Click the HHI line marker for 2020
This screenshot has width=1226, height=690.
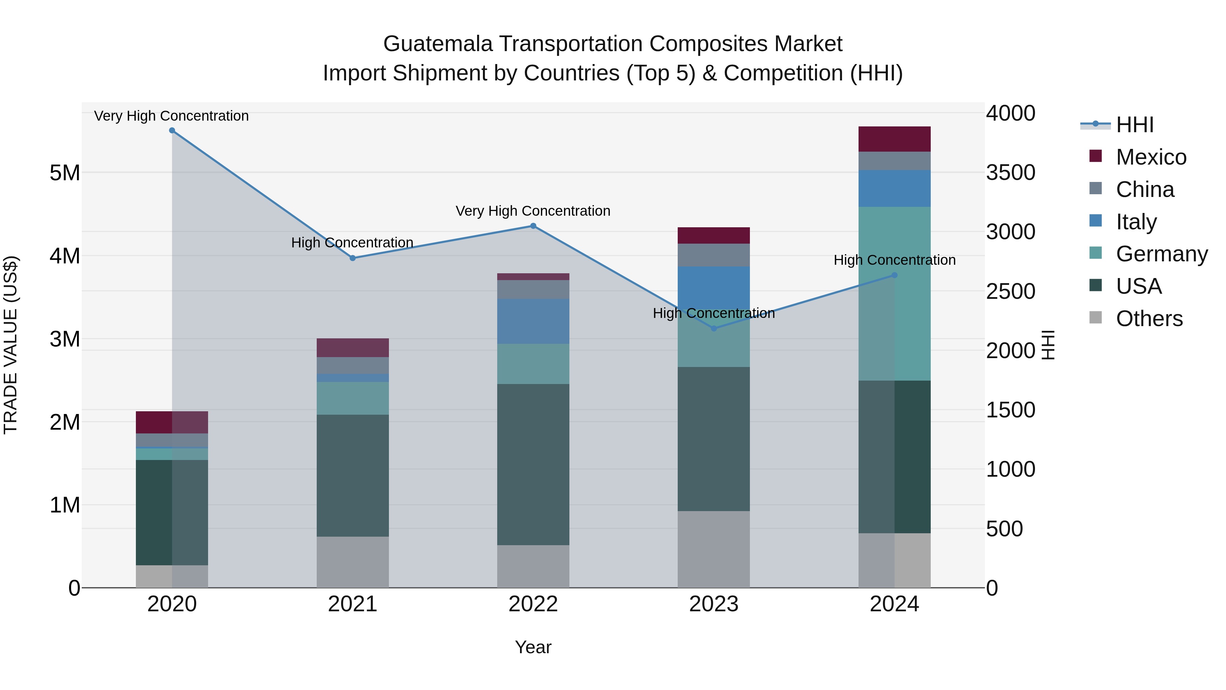point(172,131)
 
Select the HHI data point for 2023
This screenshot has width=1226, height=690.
point(713,328)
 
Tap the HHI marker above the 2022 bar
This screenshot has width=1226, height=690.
point(533,226)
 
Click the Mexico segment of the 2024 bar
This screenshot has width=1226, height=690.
point(894,139)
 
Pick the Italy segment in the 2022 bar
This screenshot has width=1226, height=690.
point(533,321)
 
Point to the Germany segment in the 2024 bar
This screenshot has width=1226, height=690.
point(894,293)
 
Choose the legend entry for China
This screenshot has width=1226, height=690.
point(1144,189)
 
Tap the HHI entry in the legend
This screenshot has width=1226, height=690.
point(1134,125)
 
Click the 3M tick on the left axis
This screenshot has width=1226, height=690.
point(65,339)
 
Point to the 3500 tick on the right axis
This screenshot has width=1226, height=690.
point(1010,172)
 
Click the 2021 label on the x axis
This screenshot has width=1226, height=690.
point(353,604)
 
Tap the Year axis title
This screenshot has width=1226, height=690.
point(533,647)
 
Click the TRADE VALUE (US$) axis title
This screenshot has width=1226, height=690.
point(11,345)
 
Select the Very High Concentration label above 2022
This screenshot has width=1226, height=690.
point(533,211)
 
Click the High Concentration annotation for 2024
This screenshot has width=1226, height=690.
point(894,260)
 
